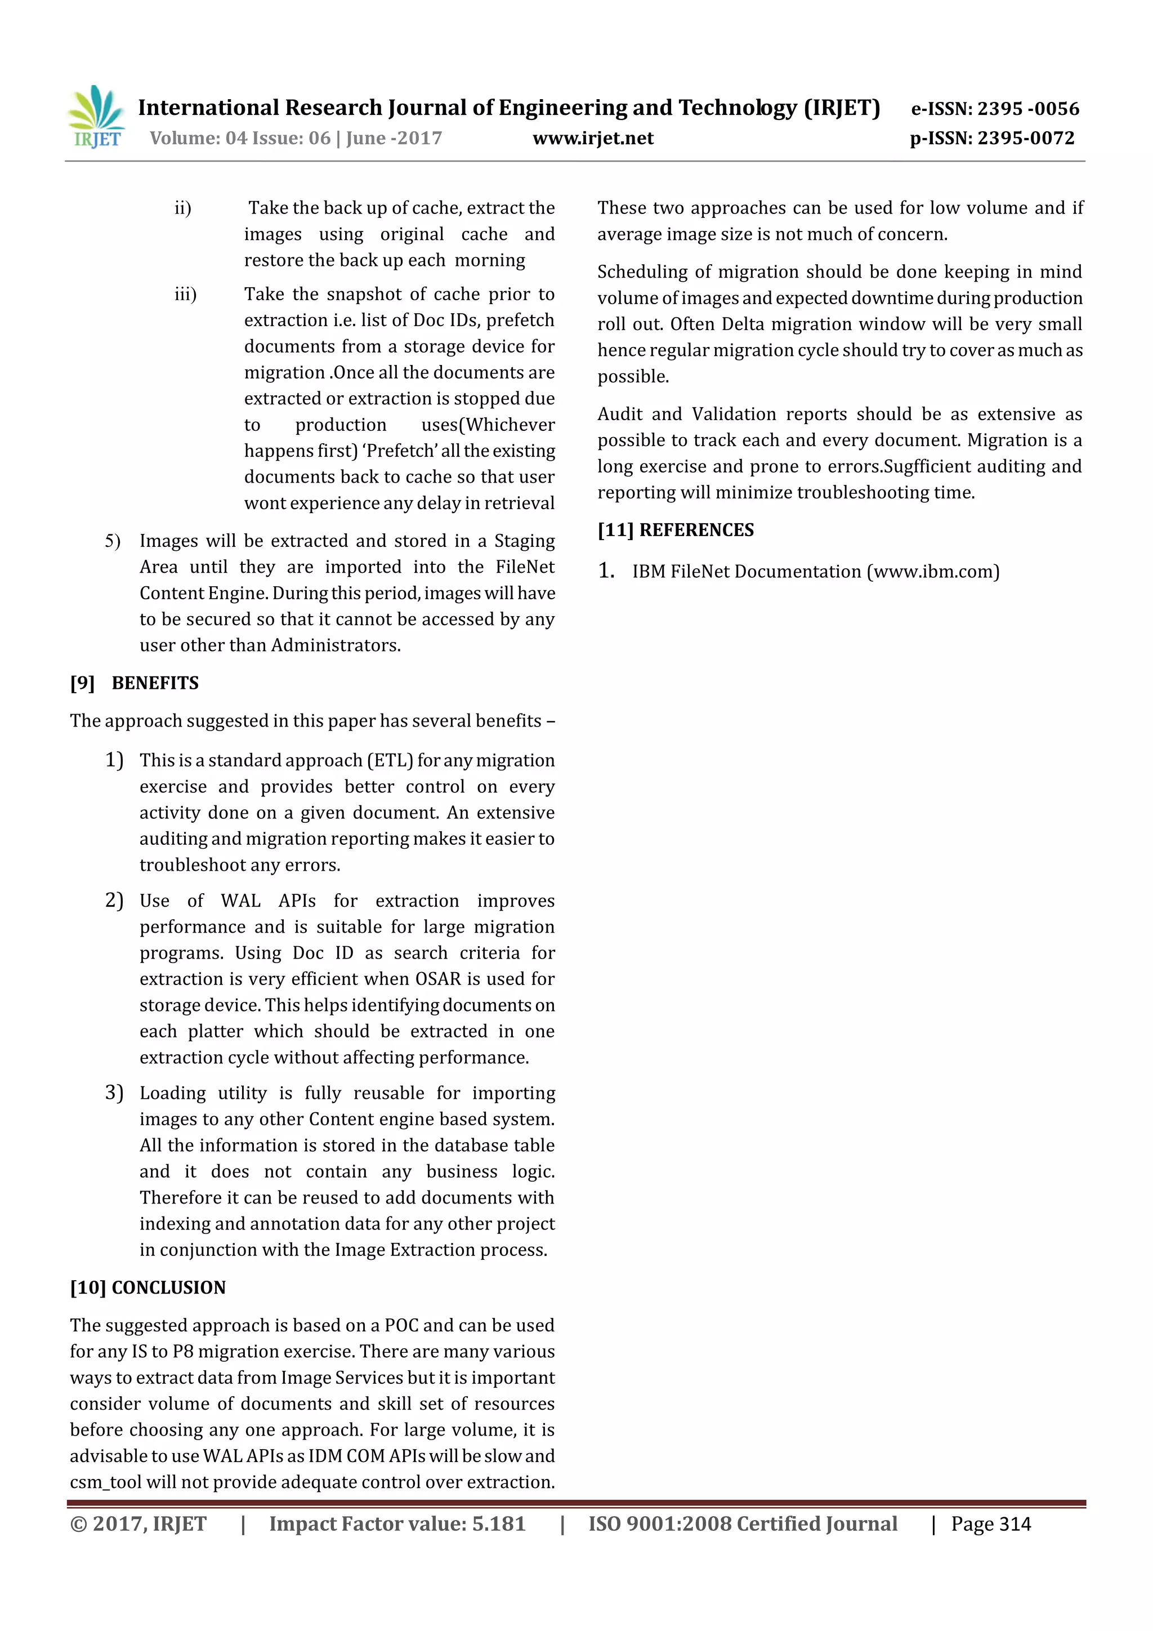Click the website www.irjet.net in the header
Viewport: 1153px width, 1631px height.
(593, 139)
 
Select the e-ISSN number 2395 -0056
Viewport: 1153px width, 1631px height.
(1028, 109)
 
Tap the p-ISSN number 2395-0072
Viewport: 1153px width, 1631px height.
(1026, 139)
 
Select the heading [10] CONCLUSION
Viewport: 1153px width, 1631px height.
(148, 1287)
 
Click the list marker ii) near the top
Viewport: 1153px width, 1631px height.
(183, 208)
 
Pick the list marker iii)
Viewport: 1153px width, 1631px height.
(185, 294)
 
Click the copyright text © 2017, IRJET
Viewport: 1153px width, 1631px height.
(138, 1525)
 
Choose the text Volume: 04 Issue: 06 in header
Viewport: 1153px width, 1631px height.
(240, 139)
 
